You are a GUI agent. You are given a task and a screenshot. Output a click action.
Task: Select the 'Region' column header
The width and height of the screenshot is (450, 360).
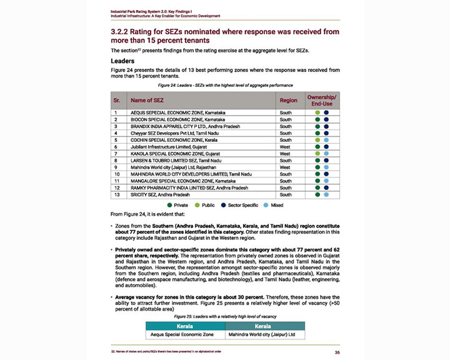coord(288,100)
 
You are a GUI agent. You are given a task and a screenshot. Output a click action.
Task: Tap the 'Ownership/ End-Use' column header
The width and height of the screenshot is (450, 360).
coord(322,100)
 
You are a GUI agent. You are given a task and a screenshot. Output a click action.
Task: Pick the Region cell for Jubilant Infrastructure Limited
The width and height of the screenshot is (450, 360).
coord(285,146)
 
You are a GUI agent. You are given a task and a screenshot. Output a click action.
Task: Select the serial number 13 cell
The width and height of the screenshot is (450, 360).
coord(117,194)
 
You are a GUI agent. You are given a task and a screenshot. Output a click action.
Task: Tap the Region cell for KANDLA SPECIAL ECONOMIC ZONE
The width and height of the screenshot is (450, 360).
coord(285,153)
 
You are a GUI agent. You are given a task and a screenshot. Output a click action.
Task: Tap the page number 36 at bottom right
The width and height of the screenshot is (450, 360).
coord(336,351)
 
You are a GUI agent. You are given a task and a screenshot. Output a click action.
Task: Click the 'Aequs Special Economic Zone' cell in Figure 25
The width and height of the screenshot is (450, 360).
coord(185,335)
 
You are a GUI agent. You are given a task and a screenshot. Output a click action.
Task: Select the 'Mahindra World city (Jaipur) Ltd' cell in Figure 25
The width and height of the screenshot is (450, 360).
coord(265,335)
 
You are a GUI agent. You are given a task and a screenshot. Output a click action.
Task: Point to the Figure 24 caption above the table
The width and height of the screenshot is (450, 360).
coord(225,84)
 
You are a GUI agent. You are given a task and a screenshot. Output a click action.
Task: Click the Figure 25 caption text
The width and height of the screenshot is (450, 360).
coord(225,317)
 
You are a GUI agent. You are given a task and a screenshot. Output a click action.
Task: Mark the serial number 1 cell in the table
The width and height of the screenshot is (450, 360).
coord(117,112)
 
